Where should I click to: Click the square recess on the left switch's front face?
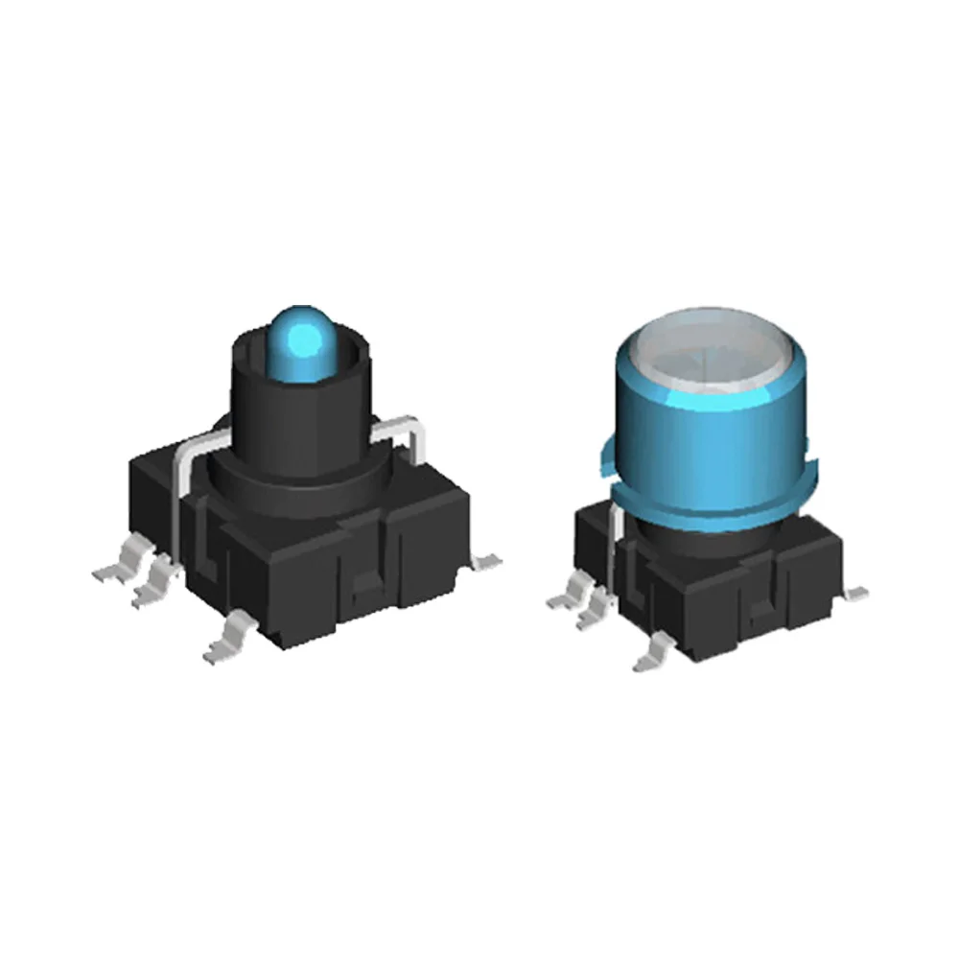365,587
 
